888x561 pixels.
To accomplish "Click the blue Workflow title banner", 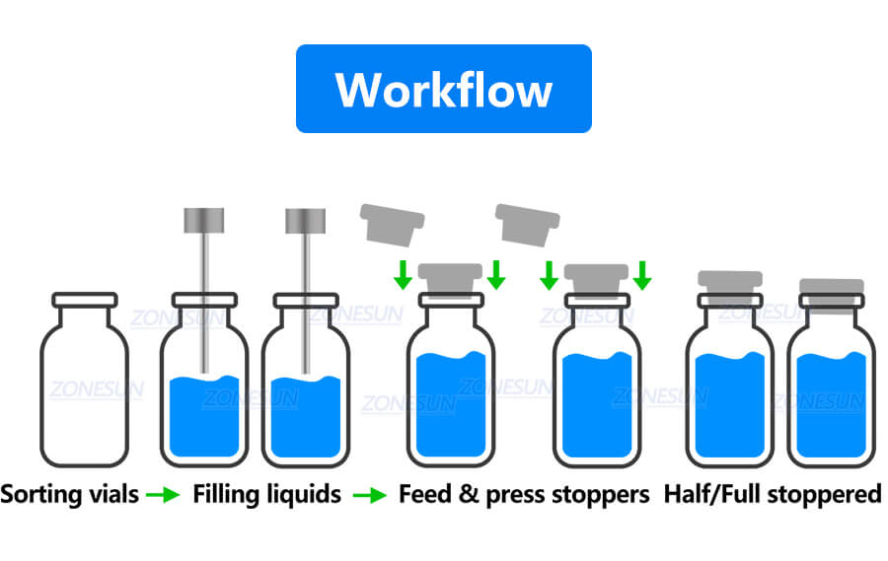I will coord(443,89).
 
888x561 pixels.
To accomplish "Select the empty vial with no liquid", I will coord(84,385).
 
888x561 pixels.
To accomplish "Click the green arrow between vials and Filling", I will coord(163,495).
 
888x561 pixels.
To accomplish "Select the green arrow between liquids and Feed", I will coord(370,495).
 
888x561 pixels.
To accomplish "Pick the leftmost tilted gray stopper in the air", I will coord(392,224).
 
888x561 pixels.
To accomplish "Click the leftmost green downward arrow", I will coord(402,274).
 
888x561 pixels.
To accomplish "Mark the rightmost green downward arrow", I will coord(642,274).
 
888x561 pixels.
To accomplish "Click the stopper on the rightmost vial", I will coord(831,292).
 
